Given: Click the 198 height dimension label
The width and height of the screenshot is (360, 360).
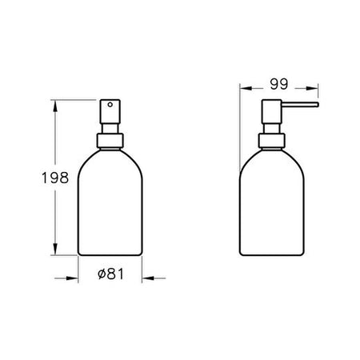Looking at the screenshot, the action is tap(55, 178).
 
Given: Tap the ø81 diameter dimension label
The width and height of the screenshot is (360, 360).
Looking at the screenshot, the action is tap(111, 274).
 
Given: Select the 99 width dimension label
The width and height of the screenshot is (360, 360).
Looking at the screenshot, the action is tap(279, 84).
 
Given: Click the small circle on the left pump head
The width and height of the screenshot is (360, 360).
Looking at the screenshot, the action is tap(110, 105).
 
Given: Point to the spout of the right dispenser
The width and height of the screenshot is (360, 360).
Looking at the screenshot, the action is tap(300, 105).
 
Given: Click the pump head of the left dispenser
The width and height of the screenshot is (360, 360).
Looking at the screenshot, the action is tap(110, 112).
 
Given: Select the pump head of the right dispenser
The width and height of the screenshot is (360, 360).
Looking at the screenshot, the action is tap(271, 112).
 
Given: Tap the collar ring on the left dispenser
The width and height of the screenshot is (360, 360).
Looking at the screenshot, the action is tap(110, 141).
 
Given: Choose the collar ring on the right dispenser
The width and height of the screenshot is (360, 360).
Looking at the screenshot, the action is tap(272, 141).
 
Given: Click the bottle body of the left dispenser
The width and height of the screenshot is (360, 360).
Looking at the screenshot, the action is tap(110, 202).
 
